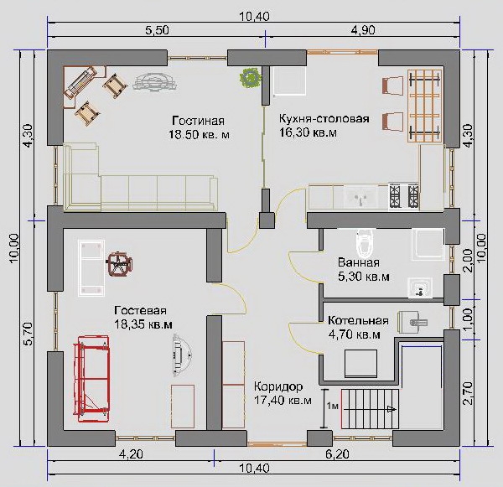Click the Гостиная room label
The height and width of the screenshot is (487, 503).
198,121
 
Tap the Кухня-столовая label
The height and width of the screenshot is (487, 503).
324,118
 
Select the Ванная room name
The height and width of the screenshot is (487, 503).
359,262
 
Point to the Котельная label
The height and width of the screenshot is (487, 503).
358,320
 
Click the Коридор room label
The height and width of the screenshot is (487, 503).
278,386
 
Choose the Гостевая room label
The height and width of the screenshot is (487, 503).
141,310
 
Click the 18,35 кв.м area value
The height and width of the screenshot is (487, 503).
143,324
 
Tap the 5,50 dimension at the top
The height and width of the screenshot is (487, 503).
157,30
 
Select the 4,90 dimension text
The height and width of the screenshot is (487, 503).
363,30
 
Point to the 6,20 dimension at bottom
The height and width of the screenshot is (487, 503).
337,454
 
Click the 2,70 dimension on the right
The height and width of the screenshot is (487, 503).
468,392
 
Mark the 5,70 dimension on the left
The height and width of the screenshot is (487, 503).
29,334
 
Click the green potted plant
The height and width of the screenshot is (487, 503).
250,77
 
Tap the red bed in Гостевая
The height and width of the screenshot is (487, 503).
92,378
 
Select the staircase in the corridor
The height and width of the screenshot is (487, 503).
370,409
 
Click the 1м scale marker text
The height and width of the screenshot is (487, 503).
333,406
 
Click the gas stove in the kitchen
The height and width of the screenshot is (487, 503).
404,197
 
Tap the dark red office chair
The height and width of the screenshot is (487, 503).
119,263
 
